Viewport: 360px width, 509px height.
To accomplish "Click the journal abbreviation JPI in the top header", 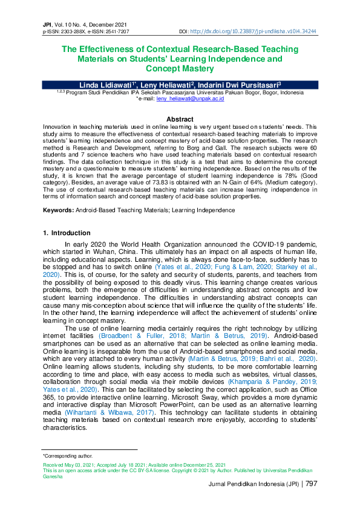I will coord(47,23).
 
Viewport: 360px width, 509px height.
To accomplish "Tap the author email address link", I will coord(190,98).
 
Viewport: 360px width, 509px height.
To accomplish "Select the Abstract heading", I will coord(180,119).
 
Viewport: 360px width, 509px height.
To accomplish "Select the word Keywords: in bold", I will coord(58,210).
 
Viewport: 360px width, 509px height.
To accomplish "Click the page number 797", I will coord(311,484).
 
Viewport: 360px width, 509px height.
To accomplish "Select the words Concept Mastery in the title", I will coord(180,69).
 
